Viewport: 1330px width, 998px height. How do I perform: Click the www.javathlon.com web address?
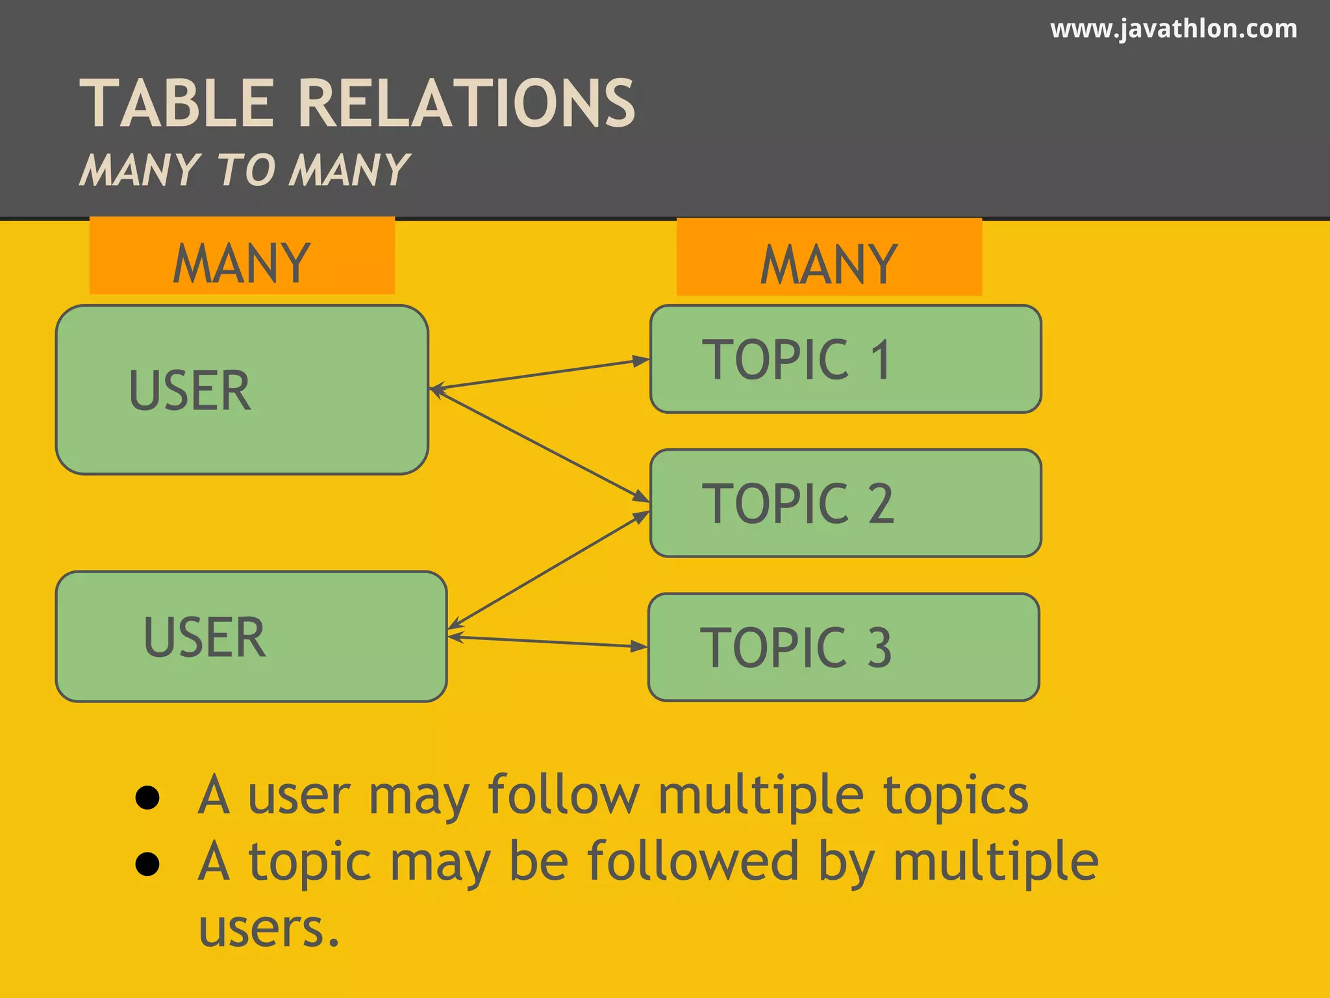tap(1173, 29)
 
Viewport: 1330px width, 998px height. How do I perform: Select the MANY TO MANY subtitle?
tap(244, 170)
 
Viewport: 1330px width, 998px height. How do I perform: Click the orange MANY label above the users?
tap(242, 256)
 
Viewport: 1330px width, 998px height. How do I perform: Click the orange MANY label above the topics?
tap(829, 257)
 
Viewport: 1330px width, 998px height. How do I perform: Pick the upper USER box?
tap(242, 390)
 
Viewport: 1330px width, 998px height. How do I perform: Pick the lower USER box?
tap(251, 637)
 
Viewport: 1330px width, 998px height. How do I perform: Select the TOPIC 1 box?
tap(846, 359)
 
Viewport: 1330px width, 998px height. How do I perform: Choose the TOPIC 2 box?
tap(846, 504)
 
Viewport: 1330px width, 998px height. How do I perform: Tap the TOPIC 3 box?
tap(844, 647)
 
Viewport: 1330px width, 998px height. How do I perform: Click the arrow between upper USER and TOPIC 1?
tap(539, 375)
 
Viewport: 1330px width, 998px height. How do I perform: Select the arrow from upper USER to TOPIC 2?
tap(539, 445)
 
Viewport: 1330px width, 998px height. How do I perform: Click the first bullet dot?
tap(147, 797)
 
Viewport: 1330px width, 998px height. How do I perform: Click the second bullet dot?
tap(147, 864)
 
